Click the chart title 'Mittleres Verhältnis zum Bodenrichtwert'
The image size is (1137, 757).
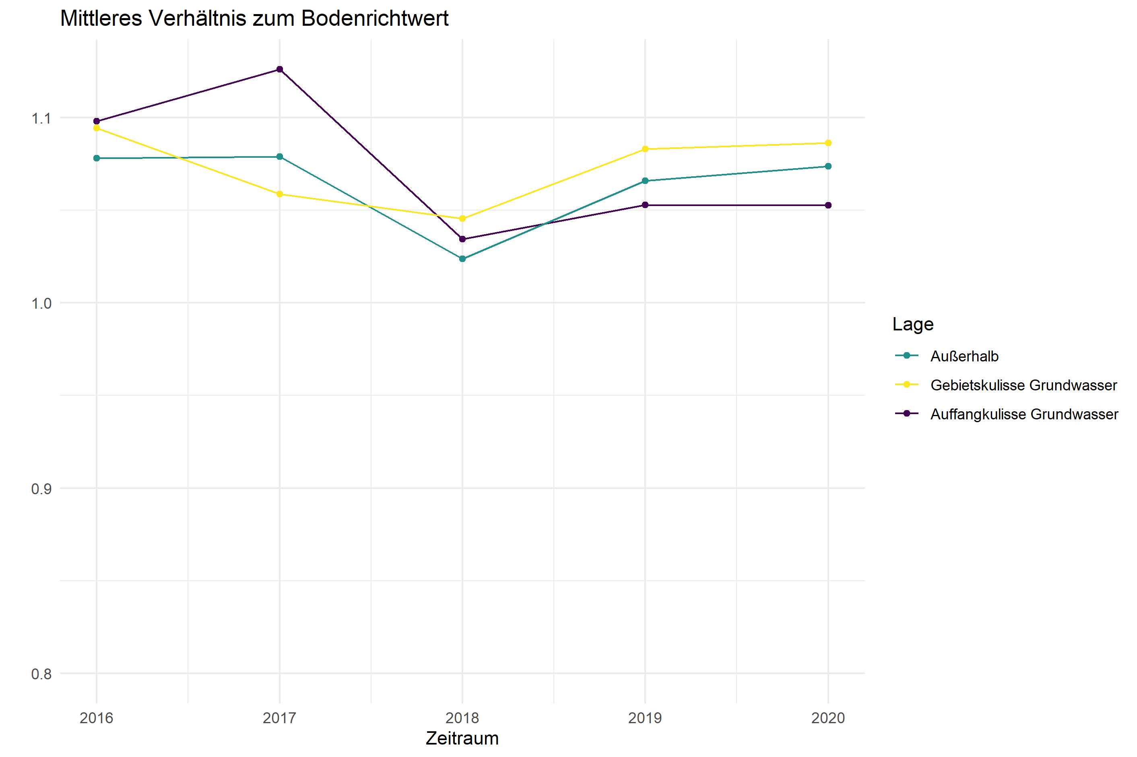[254, 19]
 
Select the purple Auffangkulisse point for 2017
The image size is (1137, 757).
[280, 70]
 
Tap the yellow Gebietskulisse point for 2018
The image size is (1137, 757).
[462, 219]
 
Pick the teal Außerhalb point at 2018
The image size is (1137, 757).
[462, 259]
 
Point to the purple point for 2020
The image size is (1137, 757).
[828, 205]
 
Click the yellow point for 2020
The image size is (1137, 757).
[828, 143]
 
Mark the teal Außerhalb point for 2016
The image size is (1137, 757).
[97, 158]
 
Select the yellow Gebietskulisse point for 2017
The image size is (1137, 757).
[280, 194]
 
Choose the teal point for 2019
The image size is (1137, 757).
[645, 181]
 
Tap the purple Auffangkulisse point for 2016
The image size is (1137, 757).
[97, 121]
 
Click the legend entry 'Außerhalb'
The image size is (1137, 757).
[964, 356]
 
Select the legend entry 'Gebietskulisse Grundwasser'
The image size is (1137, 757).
[1024, 385]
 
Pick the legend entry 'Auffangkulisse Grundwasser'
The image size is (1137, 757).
[1024, 414]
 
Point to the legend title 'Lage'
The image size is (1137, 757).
[912, 324]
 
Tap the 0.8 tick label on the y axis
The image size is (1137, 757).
[41, 674]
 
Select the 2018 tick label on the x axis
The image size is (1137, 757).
[462, 718]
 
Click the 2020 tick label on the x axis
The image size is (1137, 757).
[828, 718]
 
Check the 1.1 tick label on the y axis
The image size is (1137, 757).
[41, 118]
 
